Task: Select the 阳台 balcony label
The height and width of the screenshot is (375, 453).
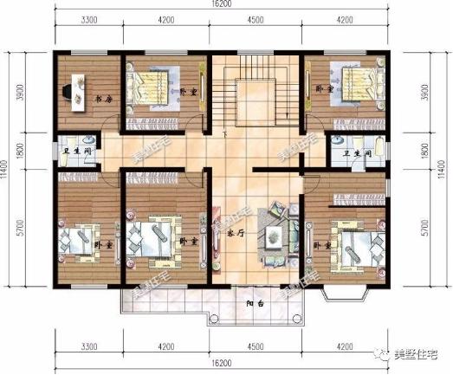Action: (x=254, y=304)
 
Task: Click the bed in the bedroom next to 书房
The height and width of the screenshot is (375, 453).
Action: (x=156, y=87)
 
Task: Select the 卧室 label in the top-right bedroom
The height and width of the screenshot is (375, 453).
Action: (x=324, y=89)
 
